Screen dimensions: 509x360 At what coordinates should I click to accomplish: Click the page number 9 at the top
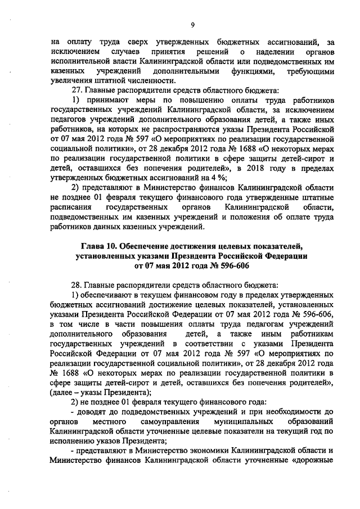pos(192,24)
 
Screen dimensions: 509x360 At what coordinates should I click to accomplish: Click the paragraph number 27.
pos(75,91)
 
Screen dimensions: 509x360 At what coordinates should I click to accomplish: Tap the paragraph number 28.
pos(75,285)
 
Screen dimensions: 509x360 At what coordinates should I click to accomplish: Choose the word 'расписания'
pos(70,208)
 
